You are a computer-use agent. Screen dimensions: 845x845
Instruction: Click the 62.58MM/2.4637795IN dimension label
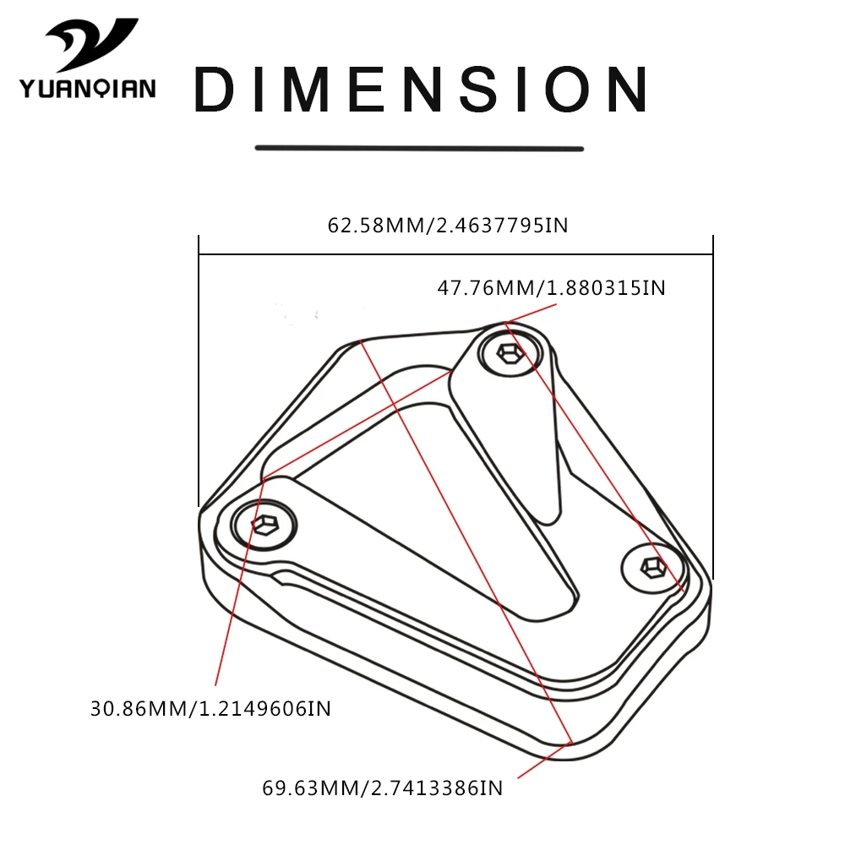(448, 226)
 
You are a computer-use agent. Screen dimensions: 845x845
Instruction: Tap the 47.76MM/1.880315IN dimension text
(551, 288)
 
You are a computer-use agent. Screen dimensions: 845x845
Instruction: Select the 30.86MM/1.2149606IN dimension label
(210, 709)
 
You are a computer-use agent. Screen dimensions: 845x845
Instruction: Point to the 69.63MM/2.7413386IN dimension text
(383, 788)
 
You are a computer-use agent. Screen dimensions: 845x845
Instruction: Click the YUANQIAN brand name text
(88, 89)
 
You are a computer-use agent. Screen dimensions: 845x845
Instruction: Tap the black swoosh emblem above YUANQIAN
(91, 44)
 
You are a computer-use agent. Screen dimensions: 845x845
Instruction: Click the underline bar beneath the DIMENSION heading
(419, 148)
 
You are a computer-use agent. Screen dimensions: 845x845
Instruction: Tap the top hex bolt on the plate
(510, 353)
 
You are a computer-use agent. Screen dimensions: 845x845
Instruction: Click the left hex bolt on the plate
(264, 525)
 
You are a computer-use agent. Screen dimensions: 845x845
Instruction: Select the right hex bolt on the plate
(653, 568)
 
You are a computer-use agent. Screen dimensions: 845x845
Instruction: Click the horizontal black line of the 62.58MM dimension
(456, 253)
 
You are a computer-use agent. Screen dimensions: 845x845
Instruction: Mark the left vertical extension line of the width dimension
(199, 371)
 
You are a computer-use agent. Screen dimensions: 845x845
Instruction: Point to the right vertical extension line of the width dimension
(713, 407)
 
